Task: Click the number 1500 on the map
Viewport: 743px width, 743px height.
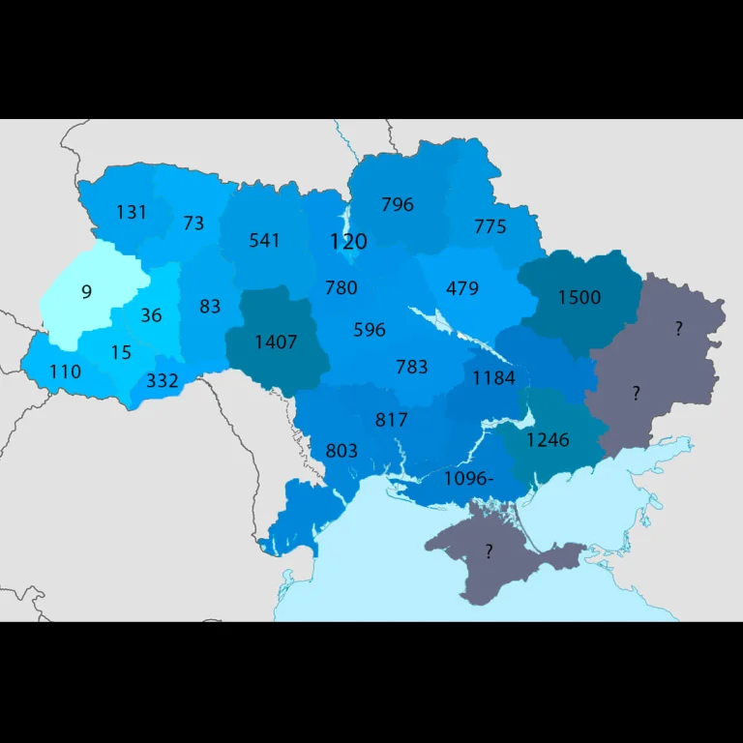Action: pyautogui.click(x=579, y=297)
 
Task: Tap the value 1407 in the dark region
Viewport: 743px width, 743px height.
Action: pyautogui.click(x=276, y=342)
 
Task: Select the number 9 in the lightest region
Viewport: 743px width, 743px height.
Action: pyautogui.click(x=86, y=291)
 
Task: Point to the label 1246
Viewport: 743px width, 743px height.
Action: pyautogui.click(x=548, y=440)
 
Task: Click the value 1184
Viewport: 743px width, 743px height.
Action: pyautogui.click(x=493, y=378)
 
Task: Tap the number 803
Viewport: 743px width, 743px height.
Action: pyautogui.click(x=342, y=451)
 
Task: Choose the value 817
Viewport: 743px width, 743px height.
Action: pyautogui.click(x=391, y=420)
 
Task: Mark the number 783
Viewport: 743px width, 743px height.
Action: pyautogui.click(x=411, y=367)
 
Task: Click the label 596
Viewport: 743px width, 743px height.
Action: pyautogui.click(x=369, y=330)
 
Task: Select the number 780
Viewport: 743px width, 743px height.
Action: pyautogui.click(x=341, y=287)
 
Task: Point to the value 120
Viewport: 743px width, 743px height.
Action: pyautogui.click(x=348, y=241)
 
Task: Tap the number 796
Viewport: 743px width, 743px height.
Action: pyautogui.click(x=397, y=204)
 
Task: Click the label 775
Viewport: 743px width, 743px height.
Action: pyautogui.click(x=490, y=226)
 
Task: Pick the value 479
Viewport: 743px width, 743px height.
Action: pyautogui.click(x=462, y=288)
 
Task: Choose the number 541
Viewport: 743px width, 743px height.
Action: pyautogui.click(x=264, y=240)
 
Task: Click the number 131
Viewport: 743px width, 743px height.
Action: pyautogui.click(x=132, y=212)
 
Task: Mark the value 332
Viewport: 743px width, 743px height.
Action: pyautogui.click(x=163, y=381)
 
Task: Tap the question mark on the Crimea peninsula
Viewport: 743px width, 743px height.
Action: pyautogui.click(x=489, y=552)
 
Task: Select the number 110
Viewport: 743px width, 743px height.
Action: pyautogui.click(x=65, y=371)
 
